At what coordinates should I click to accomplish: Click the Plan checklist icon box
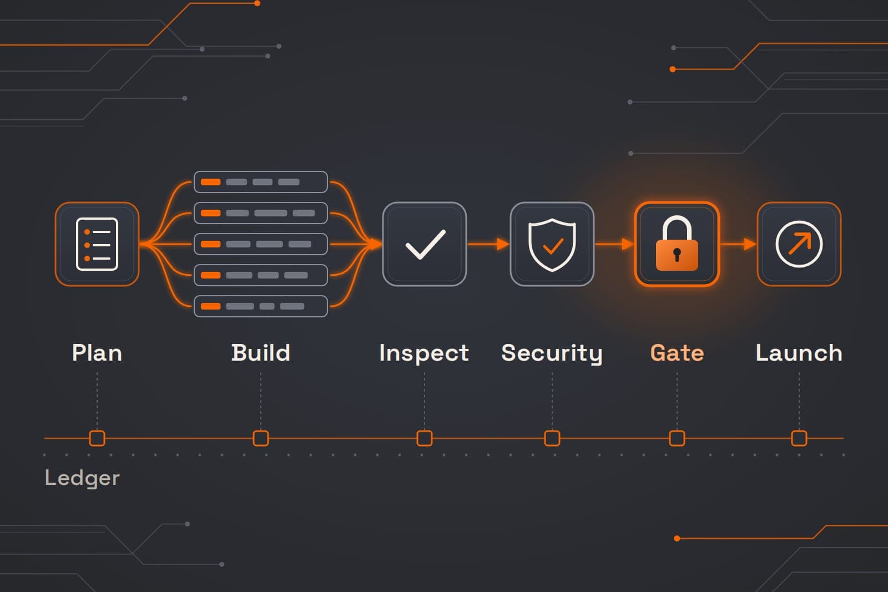coord(97,244)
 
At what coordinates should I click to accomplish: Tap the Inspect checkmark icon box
coord(425,244)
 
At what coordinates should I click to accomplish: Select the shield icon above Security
coord(552,245)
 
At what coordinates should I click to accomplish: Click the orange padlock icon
coord(677,244)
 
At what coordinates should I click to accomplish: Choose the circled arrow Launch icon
coord(799,244)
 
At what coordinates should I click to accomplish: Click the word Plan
coord(97,353)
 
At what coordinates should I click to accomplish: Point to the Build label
coord(261,353)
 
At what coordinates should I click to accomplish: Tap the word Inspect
coord(424,353)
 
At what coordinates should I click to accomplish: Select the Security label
coord(552,353)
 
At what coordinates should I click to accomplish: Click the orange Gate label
coord(677,353)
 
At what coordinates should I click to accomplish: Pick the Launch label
coord(799,353)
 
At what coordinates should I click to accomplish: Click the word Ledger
coord(82,478)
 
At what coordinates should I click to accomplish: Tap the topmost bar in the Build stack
coord(261,182)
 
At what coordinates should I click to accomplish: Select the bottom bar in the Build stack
coord(261,306)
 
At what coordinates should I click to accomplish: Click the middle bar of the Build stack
coord(261,244)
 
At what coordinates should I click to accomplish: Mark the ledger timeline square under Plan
coord(97,438)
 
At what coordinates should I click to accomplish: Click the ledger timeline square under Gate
coord(677,438)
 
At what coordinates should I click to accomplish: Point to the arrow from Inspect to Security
coord(488,244)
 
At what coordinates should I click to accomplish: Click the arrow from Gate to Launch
coord(738,244)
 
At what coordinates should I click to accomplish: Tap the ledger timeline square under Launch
coord(799,438)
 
